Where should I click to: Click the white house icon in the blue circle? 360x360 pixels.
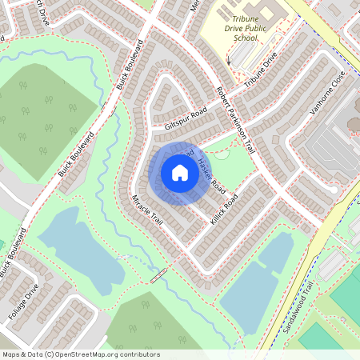click(x=179, y=173)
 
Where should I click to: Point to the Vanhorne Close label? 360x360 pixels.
click(x=327, y=92)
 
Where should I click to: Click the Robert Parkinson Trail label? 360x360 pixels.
click(x=235, y=120)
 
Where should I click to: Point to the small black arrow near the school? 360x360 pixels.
click(x=228, y=60)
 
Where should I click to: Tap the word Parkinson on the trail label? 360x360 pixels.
click(x=236, y=120)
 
